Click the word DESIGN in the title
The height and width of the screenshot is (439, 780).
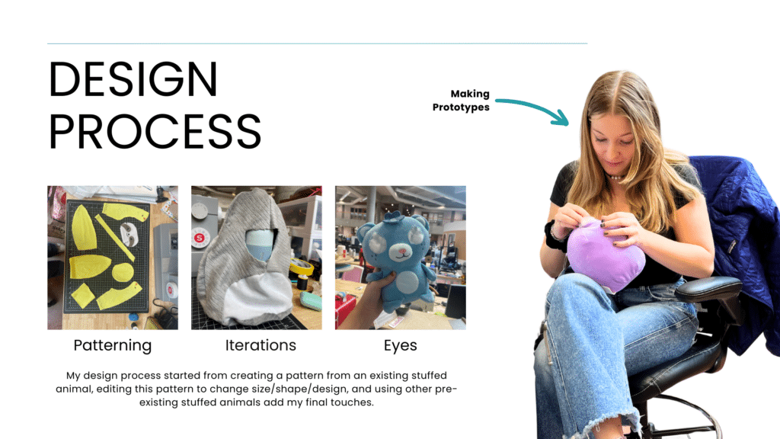pyautogui.click(x=133, y=79)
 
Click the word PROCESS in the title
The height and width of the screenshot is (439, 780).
pyautogui.click(x=155, y=131)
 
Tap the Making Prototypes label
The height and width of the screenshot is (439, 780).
pyautogui.click(x=461, y=101)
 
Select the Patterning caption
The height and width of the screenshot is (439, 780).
pyautogui.click(x=113, y=345)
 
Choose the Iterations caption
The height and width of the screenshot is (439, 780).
pyautogui.click(x=261, y=345)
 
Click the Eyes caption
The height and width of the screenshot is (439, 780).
pyautogui.click(x=401, y=346)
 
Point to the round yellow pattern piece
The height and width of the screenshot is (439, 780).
pyautogui.click(x=123, y=273)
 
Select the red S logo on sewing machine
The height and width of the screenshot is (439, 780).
pyautogui.click(x=199, y=238)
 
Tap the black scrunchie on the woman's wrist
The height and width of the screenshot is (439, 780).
pyautogui.click(x=553, y=236)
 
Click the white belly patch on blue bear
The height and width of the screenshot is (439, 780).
pyautogui.click(x=409, y=282)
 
